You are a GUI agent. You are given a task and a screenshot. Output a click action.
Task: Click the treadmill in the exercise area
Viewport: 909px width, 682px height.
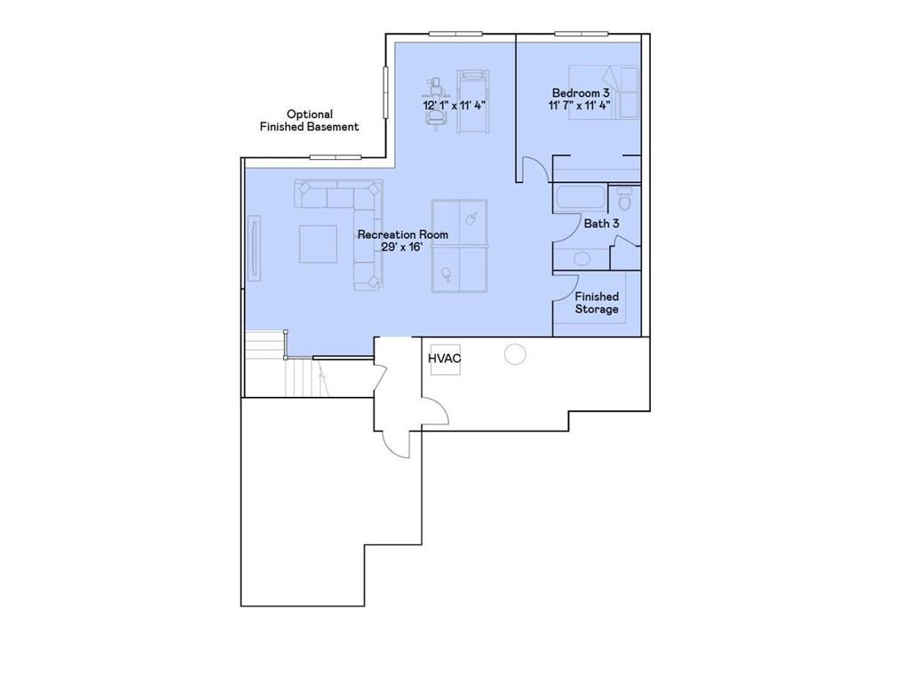[x=472, y=102]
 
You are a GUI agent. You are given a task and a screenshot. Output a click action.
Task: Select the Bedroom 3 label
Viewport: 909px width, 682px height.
[x=581, y=92]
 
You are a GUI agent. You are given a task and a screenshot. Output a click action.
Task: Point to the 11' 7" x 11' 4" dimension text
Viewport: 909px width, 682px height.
[x=581, y=105]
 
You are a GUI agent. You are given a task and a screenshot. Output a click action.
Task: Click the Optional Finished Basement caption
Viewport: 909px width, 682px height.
[x=309, y=121]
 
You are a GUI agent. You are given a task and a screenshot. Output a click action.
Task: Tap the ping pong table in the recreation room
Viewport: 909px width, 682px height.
[x=459, y=246]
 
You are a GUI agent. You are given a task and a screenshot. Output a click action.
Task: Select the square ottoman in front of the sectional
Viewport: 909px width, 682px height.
[x=318, y=244]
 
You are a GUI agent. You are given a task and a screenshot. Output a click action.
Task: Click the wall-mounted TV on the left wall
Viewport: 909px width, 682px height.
[x=255, y=250]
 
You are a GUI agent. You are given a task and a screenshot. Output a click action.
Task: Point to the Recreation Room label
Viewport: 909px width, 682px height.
[x=402, y=234]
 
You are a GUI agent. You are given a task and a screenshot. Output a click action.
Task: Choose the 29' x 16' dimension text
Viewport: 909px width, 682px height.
[x=401, y=248]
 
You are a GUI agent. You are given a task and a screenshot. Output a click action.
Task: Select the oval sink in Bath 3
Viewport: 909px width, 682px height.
[x=581, y=258]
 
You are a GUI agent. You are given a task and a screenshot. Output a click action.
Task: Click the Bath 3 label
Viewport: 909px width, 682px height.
[x=601, y=224]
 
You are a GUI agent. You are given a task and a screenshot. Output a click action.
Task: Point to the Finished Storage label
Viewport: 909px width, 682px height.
[x=597, y=303]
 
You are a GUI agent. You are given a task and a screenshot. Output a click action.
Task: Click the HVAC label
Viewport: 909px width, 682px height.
[x=444, y=359]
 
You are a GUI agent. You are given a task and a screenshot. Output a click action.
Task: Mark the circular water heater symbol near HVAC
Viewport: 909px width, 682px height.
[x=515, y=354]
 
